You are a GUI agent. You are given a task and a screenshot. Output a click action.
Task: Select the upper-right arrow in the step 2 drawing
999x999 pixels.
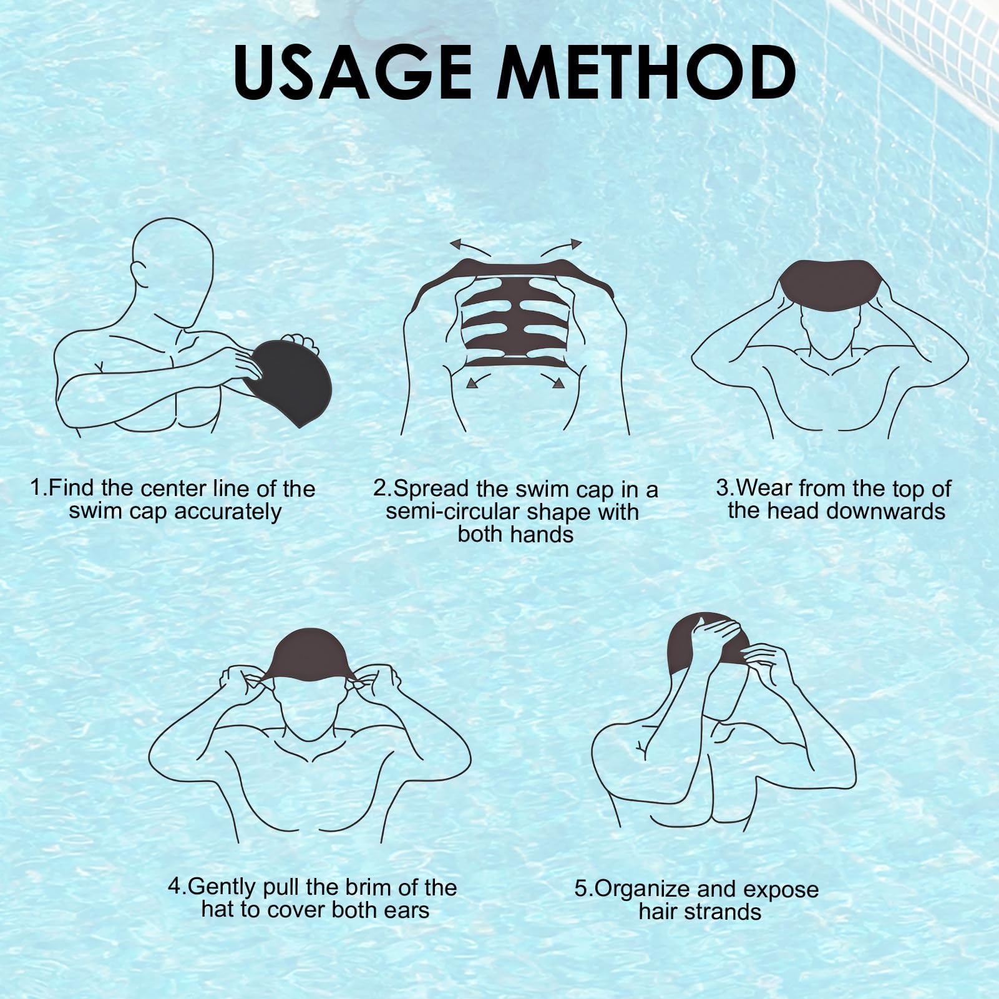(x=561, y=247)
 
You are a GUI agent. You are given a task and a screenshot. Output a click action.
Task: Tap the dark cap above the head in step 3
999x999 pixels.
(x=829, y=288)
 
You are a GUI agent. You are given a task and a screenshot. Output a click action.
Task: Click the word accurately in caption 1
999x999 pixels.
(x=228, y=512)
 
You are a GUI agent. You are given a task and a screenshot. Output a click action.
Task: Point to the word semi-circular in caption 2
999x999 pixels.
(x=455, y=512)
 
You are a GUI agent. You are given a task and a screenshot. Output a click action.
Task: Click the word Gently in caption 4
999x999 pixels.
(x=222, y=887)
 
